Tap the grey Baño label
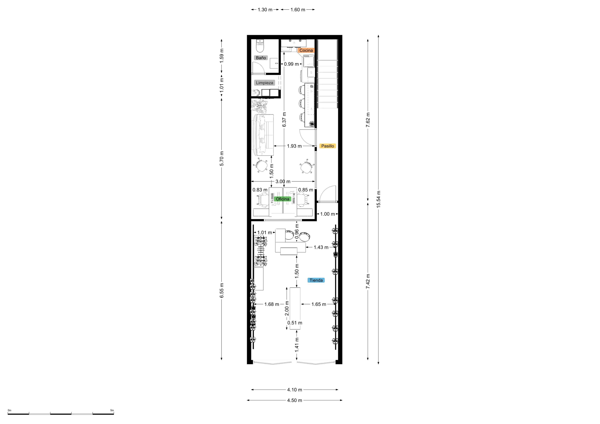(x=261, y=58)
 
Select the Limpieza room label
(x=265, y=83)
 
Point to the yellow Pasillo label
(x=327, y=146)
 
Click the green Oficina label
(x=282, y=199)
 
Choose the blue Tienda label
(x=316, y=280)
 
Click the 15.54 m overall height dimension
(x=378, y=199)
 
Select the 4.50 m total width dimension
(x=295, y=400)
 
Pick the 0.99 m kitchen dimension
(x=291, y=64)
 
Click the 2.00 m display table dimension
(x=287, y=308)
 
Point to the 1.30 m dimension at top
(x=265, y=10)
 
